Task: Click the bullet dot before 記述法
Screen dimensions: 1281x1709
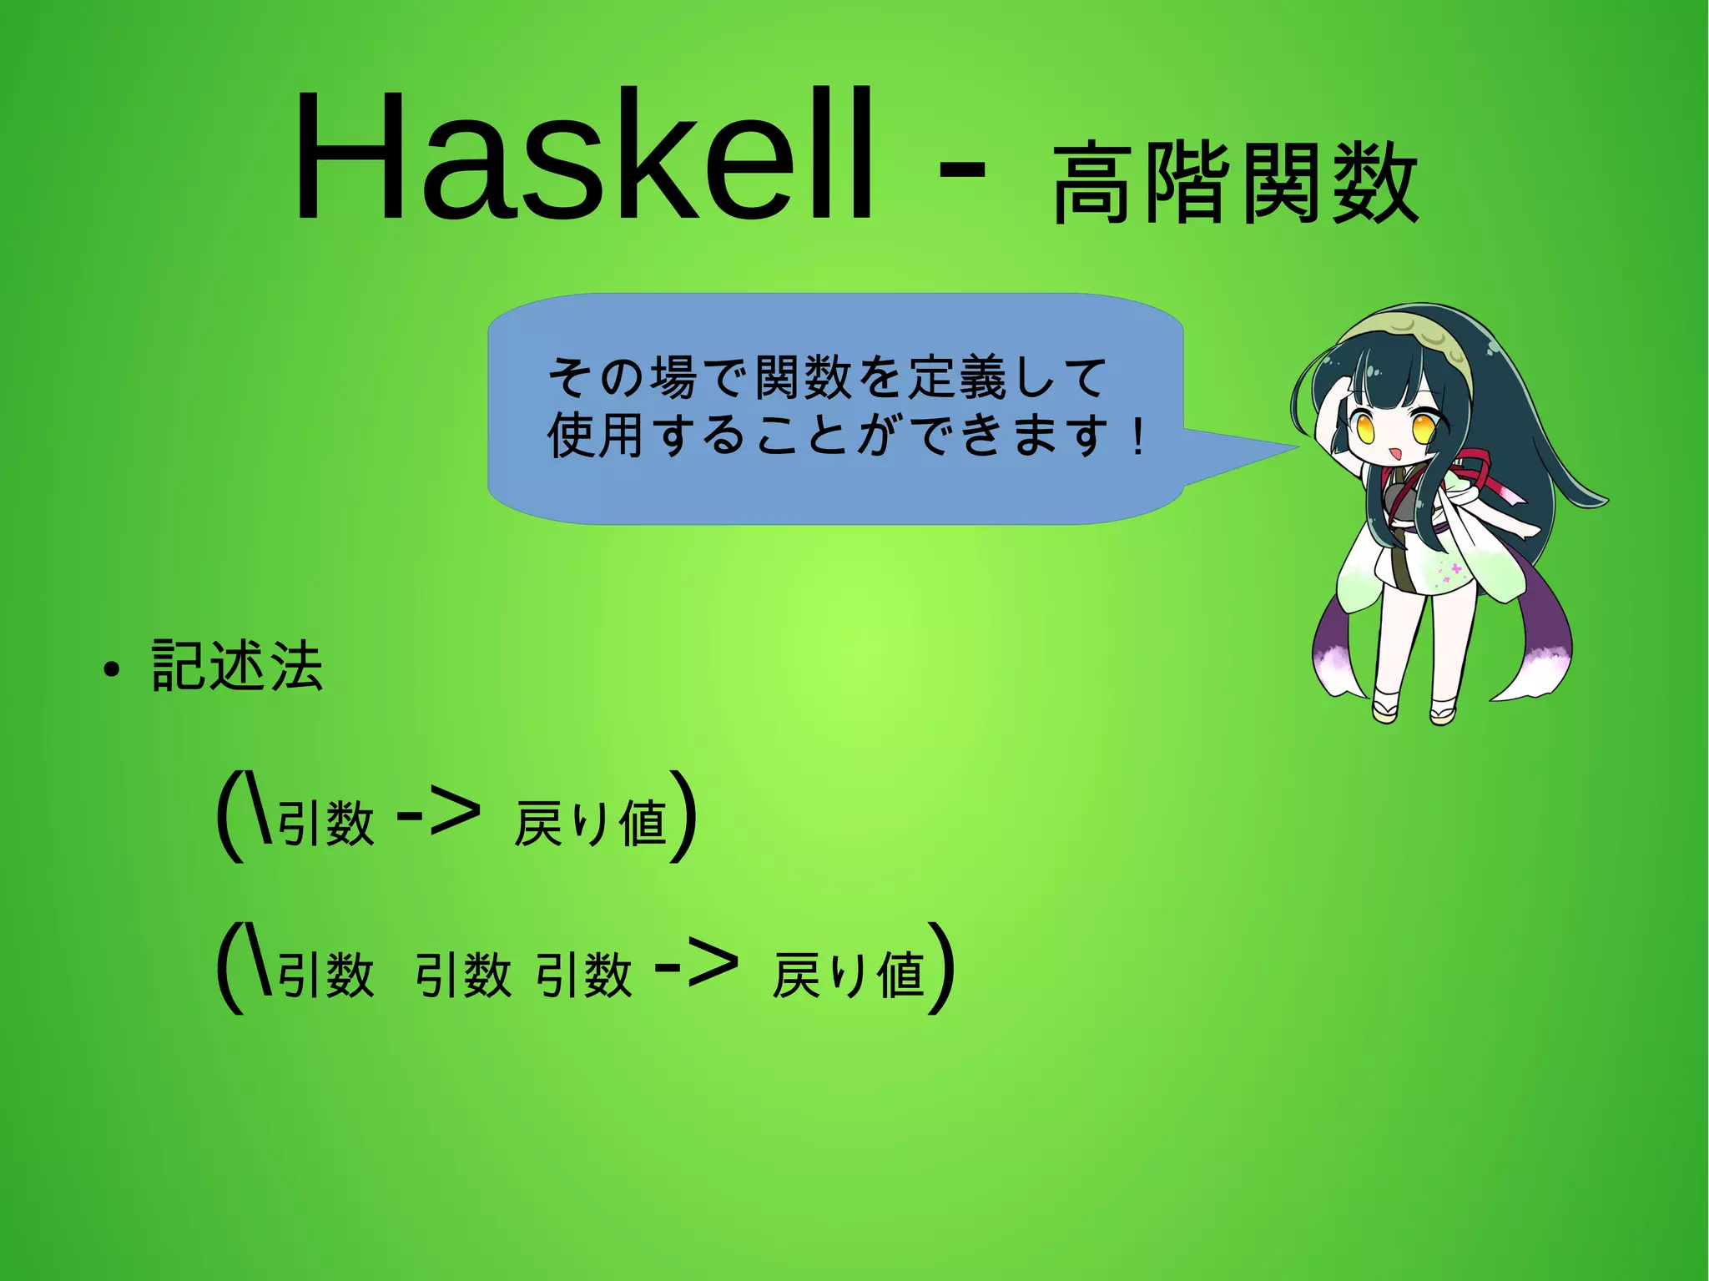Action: click(x=112, y=669)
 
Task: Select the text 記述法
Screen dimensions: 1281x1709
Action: click(x=237, y=666)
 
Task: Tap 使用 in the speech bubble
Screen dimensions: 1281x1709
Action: click(x=594, y=435)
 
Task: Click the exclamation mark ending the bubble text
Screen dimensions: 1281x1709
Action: click(x=1138, y=436)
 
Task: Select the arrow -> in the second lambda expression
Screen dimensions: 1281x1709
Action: click(x=698, y=965)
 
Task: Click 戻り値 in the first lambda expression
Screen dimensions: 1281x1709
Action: click(x=592, y=823)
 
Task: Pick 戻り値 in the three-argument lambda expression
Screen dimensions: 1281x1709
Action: click(x=849, y=975)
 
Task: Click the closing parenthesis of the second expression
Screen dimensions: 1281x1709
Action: click(x=943, y=968)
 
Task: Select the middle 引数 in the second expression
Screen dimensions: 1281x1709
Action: click(x=463, y=975)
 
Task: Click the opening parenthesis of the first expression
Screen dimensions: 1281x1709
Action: click(x=229, y=816)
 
